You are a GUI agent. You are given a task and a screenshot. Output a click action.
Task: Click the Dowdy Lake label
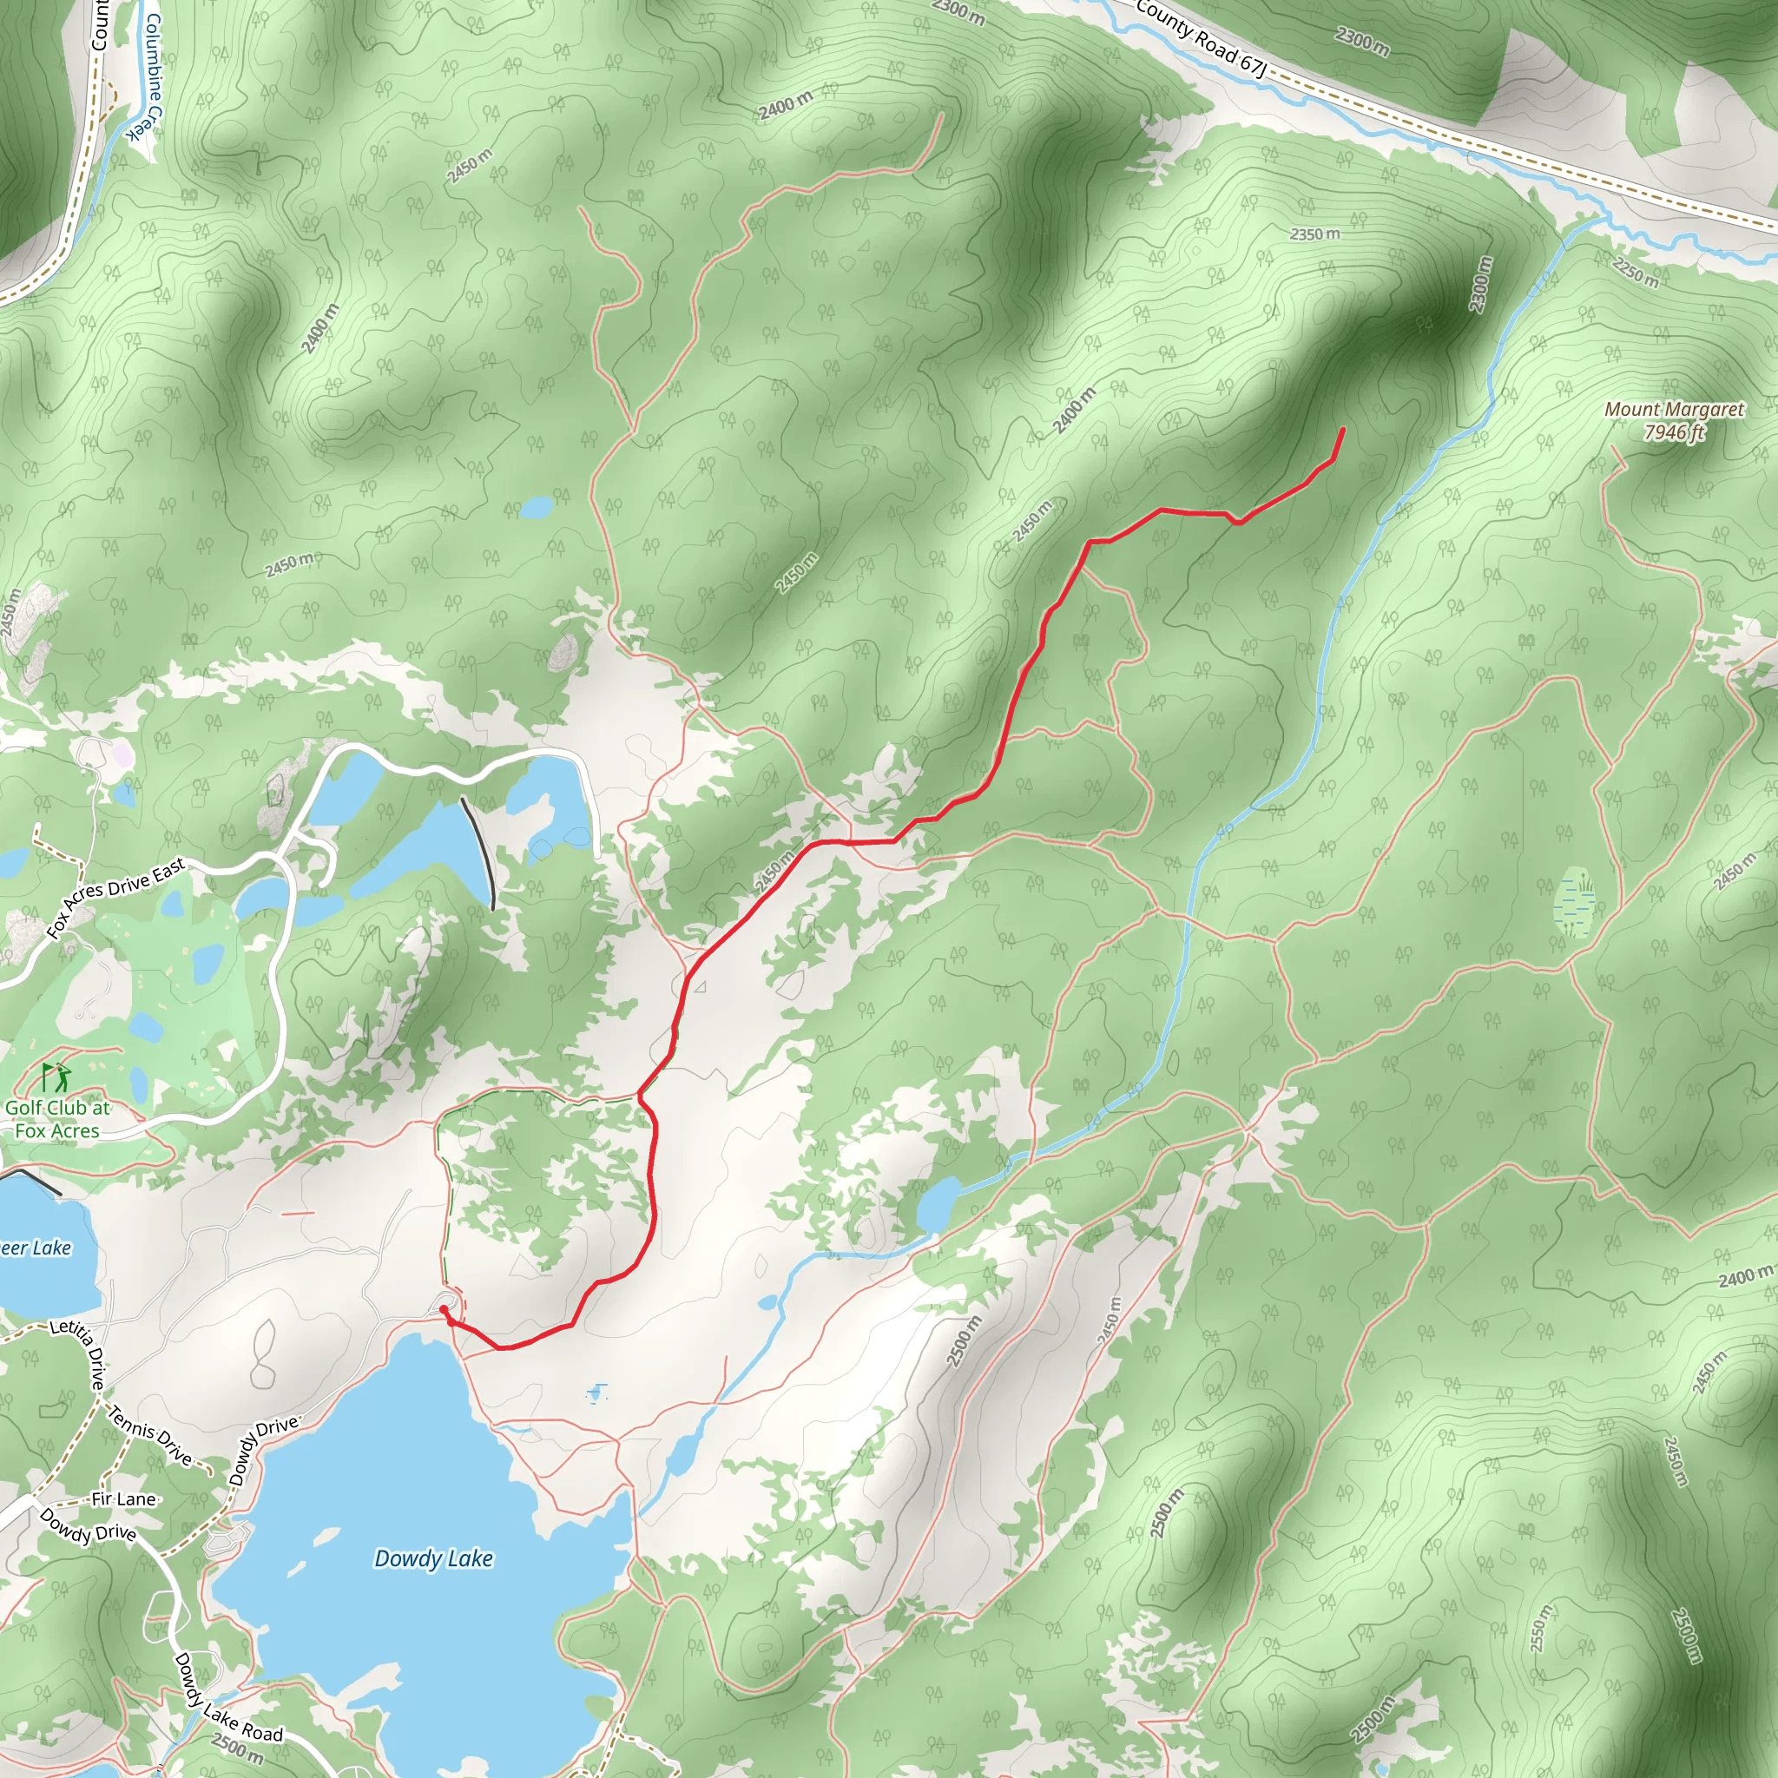point(433,1559)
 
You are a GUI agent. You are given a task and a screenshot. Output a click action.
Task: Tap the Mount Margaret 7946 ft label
point(1674,420)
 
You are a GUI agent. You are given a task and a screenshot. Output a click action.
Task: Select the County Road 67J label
point(1202,39)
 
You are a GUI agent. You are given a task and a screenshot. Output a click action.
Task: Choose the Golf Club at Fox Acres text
point(57,1119)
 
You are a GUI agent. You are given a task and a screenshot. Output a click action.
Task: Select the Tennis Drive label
point(150,1436)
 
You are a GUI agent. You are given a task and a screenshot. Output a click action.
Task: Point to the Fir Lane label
point(123,1499)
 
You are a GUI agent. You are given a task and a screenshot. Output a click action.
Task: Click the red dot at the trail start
point(444,1308)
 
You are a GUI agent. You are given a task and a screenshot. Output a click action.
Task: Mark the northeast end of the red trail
point(1343,430)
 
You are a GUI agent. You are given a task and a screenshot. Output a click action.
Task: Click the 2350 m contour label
point(1314,234)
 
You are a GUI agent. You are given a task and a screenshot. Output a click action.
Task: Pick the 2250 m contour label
point(1636,273)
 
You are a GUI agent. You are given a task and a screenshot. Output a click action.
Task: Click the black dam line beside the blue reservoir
point(478,852)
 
